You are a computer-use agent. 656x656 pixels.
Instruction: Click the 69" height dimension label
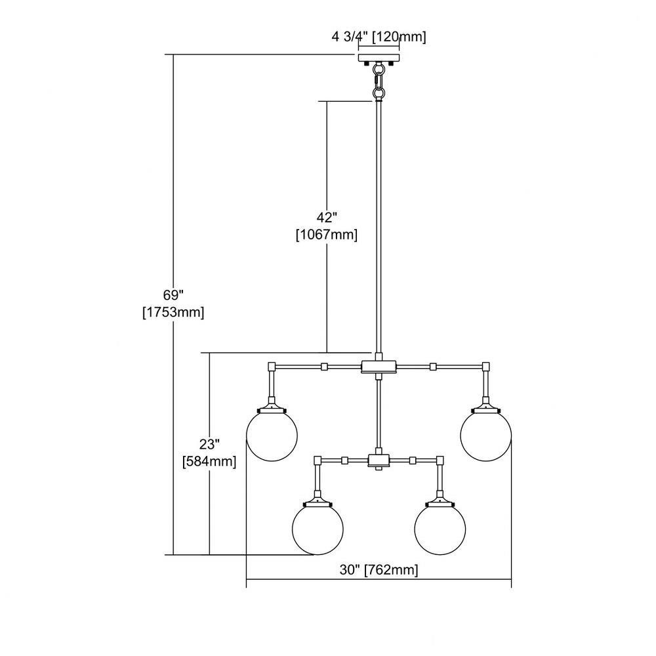click(173, 295)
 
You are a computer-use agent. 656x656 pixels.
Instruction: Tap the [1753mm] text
click(173, 312)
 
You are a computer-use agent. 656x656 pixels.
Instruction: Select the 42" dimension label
click(326, 218)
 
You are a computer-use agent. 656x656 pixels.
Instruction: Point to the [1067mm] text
click(327, 235)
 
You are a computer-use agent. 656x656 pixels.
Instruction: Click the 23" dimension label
click(210, 444)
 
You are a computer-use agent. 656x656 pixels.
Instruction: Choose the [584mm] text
click(210, 461)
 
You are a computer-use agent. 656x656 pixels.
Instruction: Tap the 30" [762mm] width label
click(379, 570)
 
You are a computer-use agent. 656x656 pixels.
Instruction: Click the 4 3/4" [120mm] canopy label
click(379, 37)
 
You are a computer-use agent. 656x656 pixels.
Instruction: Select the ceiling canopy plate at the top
click(379, 58)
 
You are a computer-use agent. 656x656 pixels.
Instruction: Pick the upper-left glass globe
click(272, 435)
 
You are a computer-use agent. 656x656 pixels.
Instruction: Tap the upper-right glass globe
click(485, 435)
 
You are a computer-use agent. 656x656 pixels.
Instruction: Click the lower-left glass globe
click(318, 529)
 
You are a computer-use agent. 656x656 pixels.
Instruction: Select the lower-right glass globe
click(440, 529)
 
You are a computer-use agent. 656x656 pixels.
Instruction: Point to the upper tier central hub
click(379, 367)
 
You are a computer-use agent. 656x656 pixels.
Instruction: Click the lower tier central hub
click(379, 461)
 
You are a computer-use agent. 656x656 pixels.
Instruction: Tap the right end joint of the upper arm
click(485, 367)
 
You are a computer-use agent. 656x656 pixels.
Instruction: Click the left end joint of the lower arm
click(318, 461)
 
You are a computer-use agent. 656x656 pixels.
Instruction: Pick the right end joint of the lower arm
click(440, 461)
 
